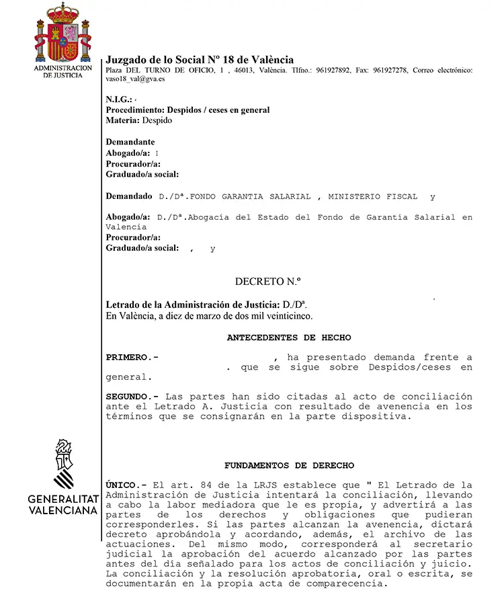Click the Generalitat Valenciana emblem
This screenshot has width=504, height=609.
coord(64,464)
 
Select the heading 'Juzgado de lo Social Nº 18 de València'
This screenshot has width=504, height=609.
coord(200,60)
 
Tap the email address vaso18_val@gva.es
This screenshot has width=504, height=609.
coord(136,79)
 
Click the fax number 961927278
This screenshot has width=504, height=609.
coord(392,70)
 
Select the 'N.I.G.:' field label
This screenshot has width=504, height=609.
coord(119,100)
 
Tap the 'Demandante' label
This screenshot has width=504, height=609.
coord(130,142)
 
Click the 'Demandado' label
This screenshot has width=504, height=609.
coord(130,196)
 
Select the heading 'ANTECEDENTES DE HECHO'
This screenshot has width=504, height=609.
coord(289,337)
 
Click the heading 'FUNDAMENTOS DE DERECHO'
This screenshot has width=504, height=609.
coord(289,465)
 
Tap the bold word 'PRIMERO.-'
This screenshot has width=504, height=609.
coord(132,357)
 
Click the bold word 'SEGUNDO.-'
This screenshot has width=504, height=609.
coord(133,397)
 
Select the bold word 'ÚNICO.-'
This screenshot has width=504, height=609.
coord(127,485)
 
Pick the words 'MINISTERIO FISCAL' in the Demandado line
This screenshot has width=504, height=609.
coord(372,197)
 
